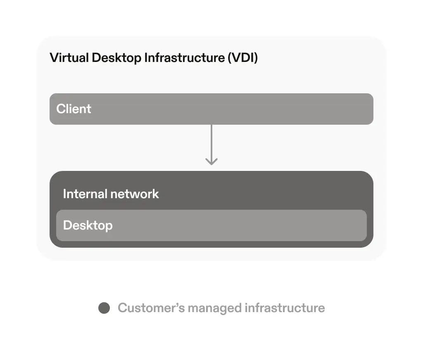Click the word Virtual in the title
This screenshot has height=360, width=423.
coord(69,57)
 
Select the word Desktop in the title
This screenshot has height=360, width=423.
coord(116,58)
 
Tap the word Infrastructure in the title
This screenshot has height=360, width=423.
coord(184,57)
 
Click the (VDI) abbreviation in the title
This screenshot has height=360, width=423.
coord(242,58)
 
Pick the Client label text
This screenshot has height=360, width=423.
coord(74,109)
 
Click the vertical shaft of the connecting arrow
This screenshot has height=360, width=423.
coord(211,140)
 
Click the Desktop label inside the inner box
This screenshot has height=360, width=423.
coord(88,225)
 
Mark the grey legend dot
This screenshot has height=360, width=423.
coord(104,308)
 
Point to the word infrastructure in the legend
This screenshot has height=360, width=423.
coord(285,308)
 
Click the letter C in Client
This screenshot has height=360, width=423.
coord(61,109)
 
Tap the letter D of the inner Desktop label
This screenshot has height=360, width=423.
coord(67,225)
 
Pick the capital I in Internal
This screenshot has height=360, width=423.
coord(64,194)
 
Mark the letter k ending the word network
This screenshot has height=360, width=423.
coord(156,194)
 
